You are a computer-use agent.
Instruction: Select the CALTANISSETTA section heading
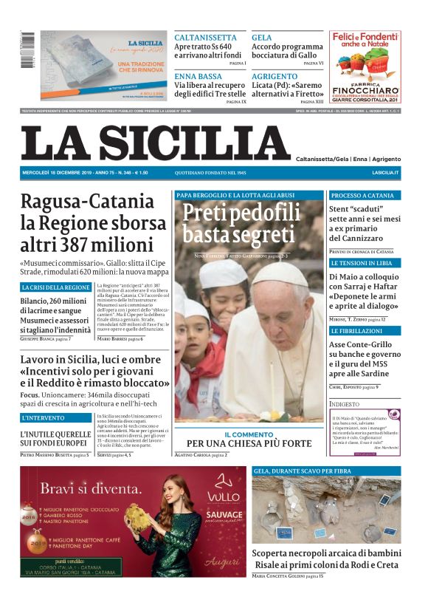click(x=205, y=38)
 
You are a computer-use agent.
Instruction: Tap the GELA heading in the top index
click(x=261, y=38)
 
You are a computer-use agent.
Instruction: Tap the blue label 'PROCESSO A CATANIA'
click(x=362, y=196)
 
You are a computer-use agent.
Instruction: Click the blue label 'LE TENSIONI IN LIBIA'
click(x=361, y=263)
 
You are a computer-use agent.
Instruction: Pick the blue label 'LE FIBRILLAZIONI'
click(x=356, y=331)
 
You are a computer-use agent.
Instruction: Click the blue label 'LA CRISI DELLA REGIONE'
click(x=56, y=287)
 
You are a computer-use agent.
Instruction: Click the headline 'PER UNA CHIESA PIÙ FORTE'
click(x=249, y=444)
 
